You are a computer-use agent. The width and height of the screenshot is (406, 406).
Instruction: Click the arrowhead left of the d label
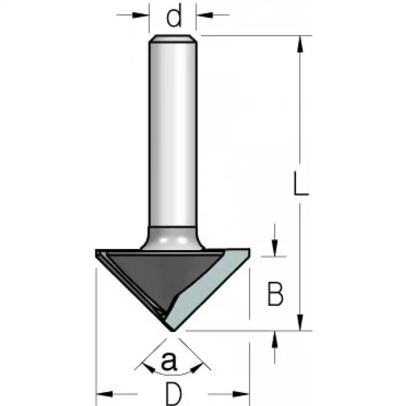(x=140, y=15)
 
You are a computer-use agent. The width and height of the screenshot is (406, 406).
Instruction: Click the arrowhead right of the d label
(x=205, y=15)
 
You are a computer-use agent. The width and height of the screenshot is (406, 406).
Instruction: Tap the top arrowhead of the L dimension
(x=300, y=44)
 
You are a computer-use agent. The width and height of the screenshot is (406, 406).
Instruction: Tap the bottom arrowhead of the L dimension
(x=300, y=322)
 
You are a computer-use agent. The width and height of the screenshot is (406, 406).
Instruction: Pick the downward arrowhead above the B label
(x=275, y=248)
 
